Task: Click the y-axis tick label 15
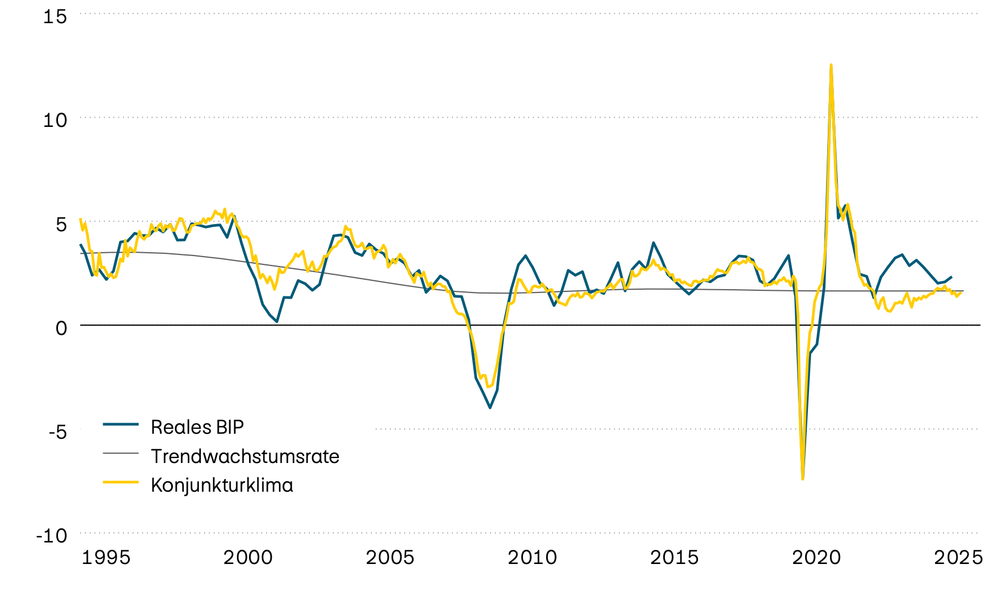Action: point(55,17)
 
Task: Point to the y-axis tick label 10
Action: point(55,120)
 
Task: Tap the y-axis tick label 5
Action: point(61,223)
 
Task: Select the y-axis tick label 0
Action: point(61,327)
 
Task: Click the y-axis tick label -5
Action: point(57,431)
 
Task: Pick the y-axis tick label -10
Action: point(51,535)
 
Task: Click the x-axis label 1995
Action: point(106,557)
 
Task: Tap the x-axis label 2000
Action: point(248,557)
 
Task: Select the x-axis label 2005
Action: point(390,557)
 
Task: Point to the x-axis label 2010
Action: point(532,557)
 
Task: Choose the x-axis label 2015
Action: point(674,557)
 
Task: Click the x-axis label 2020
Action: point(816,557)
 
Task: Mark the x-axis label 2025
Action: point(958,557)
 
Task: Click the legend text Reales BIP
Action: point(197,427)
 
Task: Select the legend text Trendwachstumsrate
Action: point(245,456)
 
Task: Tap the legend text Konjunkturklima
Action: point(221,485)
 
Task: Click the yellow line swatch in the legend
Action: point(120,482)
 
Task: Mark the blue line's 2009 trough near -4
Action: point(490,408)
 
